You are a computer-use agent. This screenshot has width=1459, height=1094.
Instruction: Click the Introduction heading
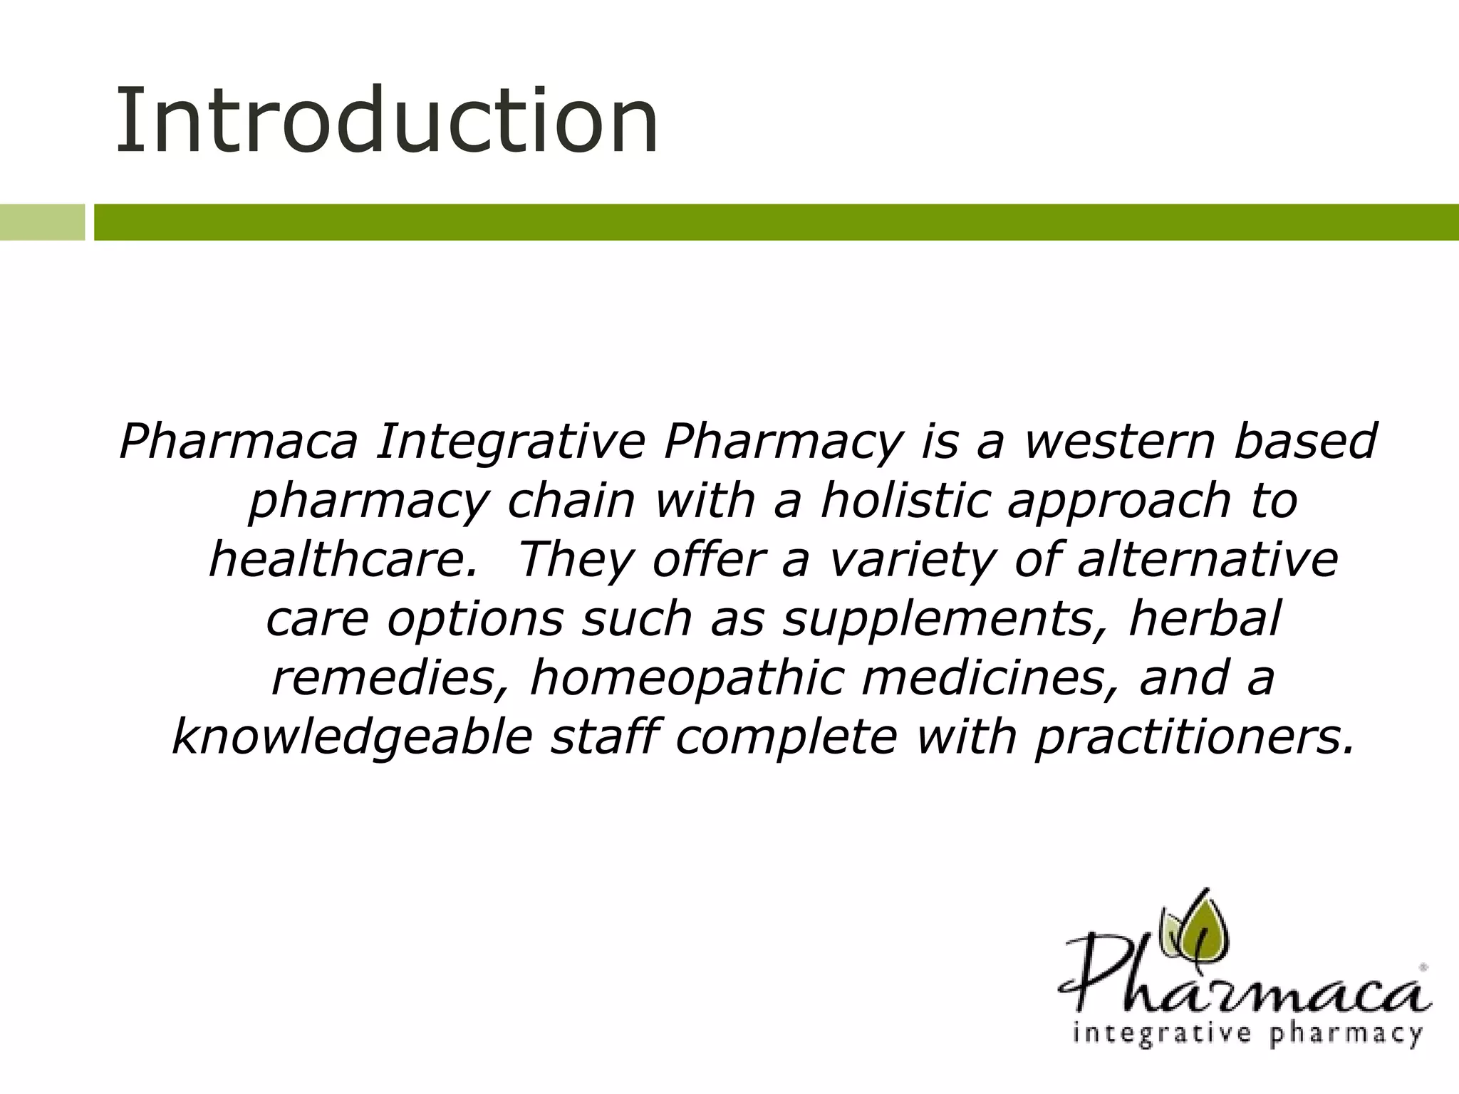[x=387, y=121]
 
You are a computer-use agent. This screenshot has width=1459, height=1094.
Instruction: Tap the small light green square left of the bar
[x=42, y=222]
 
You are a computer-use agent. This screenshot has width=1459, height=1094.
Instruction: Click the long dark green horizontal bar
[x=775, y=222]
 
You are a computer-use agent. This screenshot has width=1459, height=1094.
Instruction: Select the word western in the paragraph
[x=1119, y=442]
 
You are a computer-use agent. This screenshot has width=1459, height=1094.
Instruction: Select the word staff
[x=604, y=737]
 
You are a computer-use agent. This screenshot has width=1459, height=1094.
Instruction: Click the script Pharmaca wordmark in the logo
[x=1243, y=979]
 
